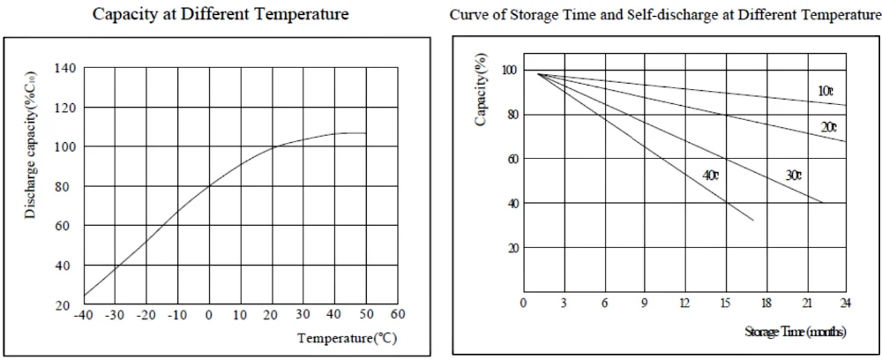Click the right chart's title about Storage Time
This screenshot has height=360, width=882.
coord(665,15)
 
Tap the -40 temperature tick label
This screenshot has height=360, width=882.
coord(84,314)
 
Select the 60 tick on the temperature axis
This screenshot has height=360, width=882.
coord(398,314)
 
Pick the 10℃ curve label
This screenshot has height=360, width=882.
coord(825,91)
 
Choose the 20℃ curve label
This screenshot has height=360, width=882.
coord(829,127)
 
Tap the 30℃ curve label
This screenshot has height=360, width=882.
coord(793,176)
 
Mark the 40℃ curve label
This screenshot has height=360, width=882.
coord(711,176)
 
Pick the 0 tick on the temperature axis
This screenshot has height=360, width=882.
coord(209,314)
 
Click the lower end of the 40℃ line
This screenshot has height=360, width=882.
coord(753,221)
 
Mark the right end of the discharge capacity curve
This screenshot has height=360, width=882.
coord(365,133)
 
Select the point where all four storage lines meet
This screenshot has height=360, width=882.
coord(537,73)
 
